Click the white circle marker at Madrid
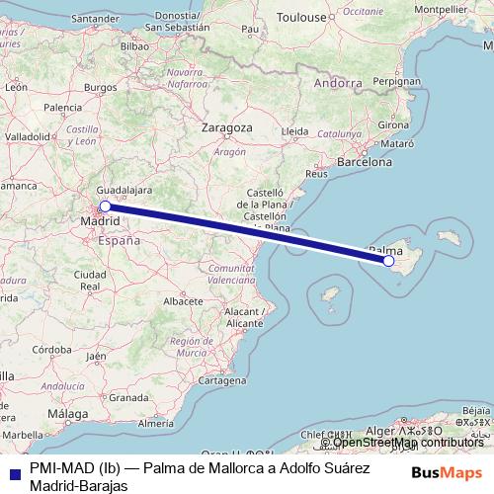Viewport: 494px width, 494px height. (x=105, y=206)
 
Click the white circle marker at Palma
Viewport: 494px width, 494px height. (x=388, y=261)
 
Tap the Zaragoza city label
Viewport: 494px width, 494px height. (x=228, y=128)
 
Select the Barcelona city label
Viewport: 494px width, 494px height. (x=365, y=160)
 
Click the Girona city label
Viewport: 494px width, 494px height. (x=393, y=125)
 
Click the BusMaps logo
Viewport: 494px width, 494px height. (x=447, y=473)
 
